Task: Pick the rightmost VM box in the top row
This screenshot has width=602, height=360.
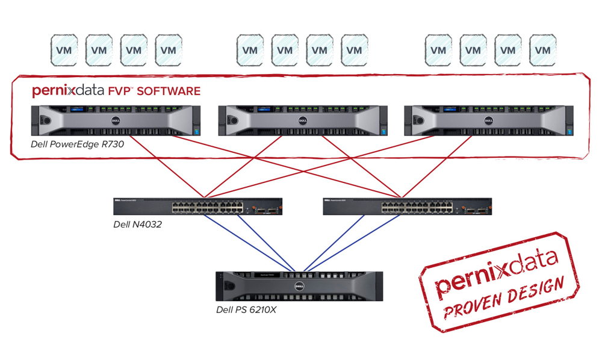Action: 542,50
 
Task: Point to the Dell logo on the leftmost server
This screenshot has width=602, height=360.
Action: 114,120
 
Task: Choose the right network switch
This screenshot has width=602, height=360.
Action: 407,206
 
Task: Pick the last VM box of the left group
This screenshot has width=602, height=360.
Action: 169,50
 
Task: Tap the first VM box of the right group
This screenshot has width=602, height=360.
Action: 438,50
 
